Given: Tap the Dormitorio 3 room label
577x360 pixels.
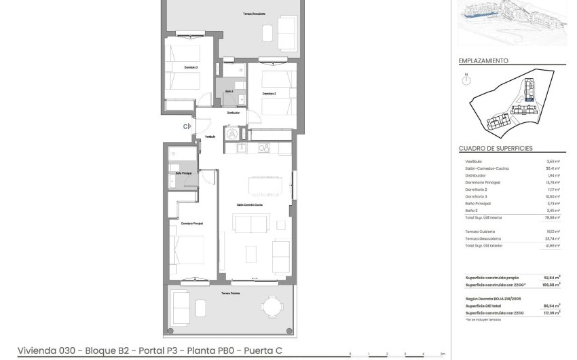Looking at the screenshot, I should (x=191, y=67).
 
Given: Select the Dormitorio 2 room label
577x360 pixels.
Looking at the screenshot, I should (x=269, y=94).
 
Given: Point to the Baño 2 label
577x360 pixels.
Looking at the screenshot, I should (x=229, y=91).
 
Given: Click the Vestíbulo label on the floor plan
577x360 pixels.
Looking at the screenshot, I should (x=210, y=137).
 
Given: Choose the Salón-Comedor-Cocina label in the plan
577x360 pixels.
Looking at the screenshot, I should (x=250, y=204).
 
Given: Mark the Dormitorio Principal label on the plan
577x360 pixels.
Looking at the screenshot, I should (x=193, y=223).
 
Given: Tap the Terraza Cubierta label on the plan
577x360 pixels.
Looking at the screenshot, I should (x=230, y=293).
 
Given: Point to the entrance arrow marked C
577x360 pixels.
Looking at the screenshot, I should (x=185, y=126).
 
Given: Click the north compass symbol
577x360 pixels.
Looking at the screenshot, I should (x=466, y=80).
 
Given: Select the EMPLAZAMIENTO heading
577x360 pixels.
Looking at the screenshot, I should (x=483, y=60).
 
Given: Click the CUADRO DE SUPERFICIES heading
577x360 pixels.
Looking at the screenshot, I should (x=496, y=148).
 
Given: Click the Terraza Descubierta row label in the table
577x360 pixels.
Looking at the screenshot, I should (x=483, y=238).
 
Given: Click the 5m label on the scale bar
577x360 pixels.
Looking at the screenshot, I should (x=443, y=353).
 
